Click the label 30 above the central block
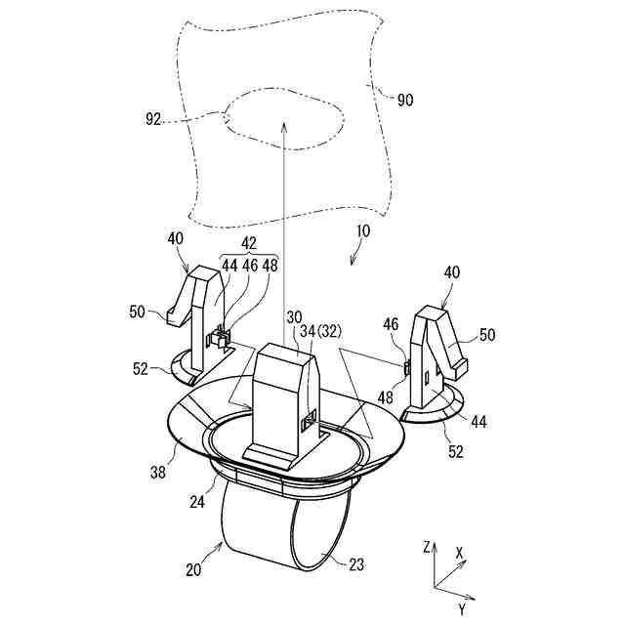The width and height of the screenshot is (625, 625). [x=295, y=317]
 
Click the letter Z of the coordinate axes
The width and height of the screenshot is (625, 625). [x=428, y=548]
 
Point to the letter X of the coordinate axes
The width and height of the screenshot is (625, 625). [x=459, y=552]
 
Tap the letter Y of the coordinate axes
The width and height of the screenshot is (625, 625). [x=461, y=610]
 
